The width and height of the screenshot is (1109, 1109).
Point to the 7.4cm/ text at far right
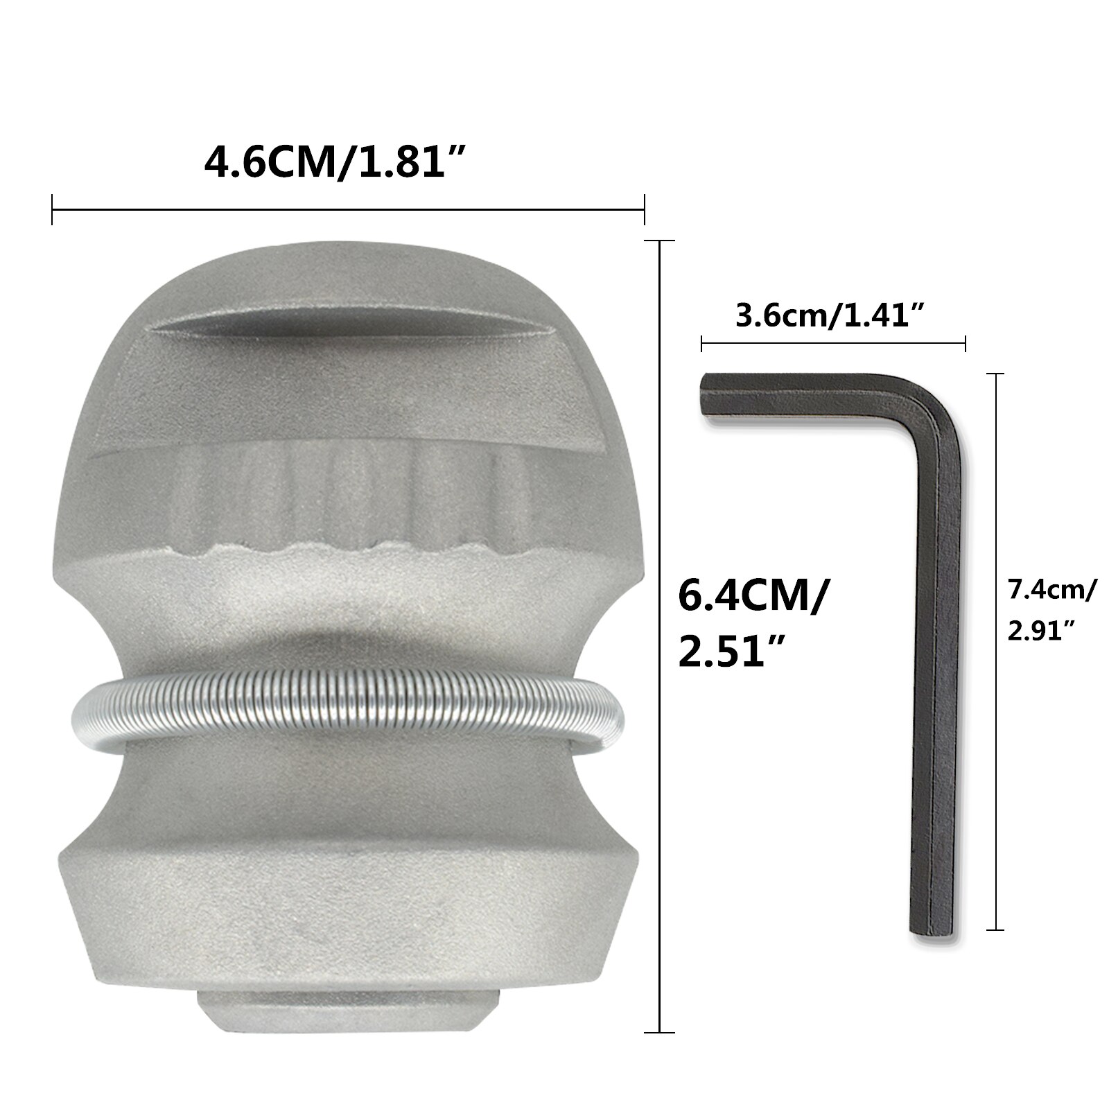(x=1051, y=591)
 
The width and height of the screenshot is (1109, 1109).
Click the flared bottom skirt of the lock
(x=347, y=901)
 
